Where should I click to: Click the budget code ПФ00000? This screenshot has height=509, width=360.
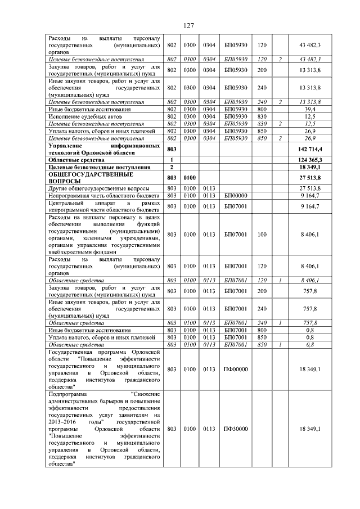tap(236, 369)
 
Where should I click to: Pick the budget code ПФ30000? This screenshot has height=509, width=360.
tap(236, 429)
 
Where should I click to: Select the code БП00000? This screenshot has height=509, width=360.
tap(236, 195)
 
